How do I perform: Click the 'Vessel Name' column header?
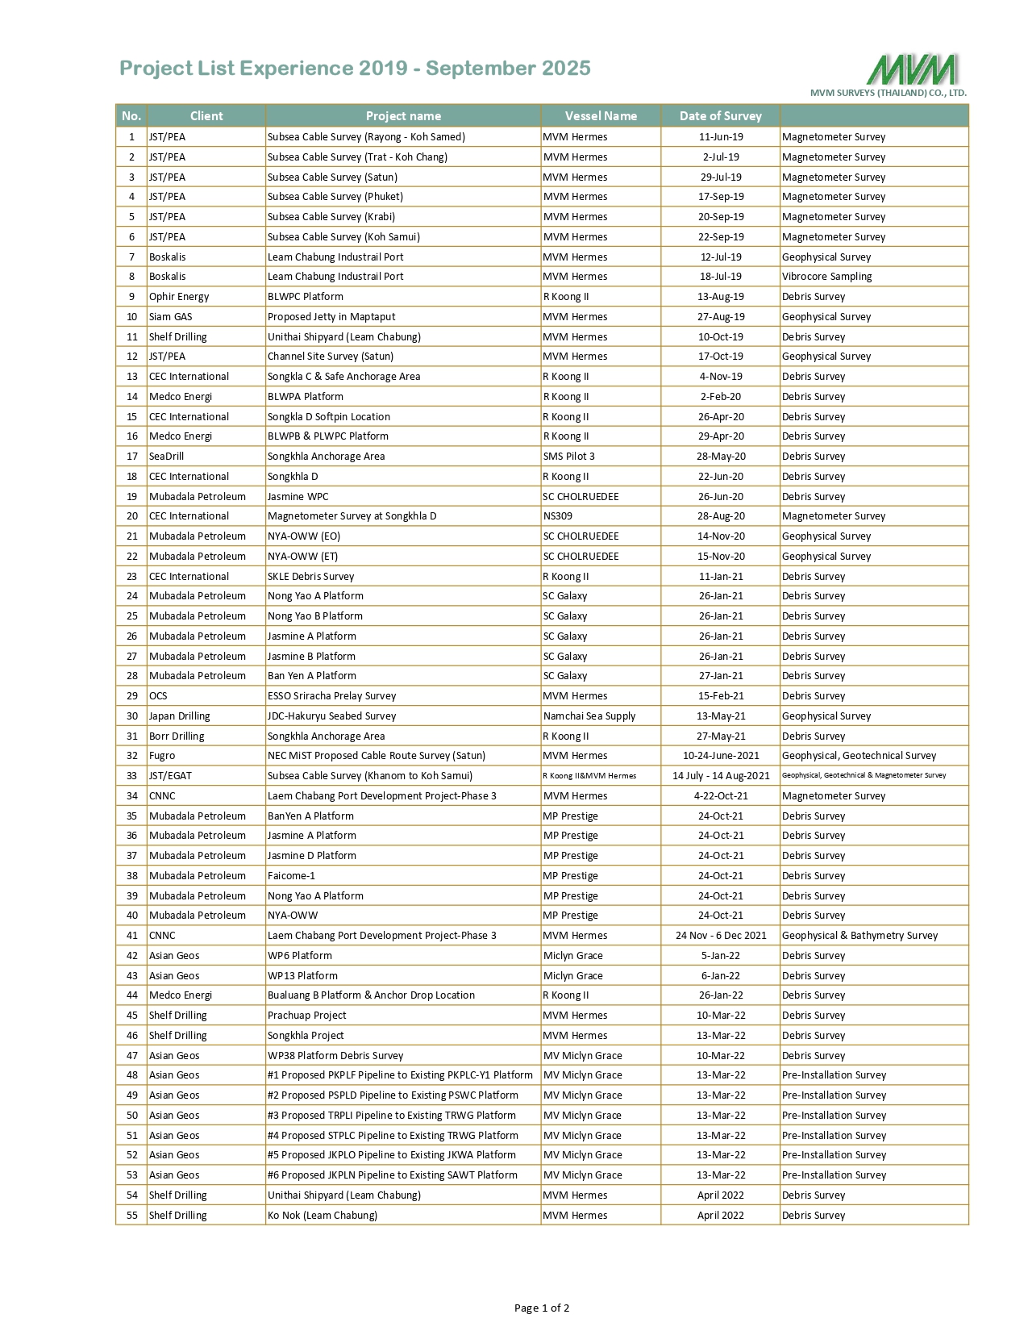point(601,116)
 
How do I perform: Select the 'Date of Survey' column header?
point(720,116)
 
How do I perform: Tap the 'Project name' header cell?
point(403,116)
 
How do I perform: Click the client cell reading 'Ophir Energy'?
point(179,297)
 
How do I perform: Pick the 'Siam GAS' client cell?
point(171,317)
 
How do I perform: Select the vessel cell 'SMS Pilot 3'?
point(569,457)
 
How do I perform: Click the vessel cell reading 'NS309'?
point(558,516)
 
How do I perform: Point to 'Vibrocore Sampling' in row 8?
point(827,277)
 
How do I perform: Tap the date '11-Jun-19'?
point(721,137)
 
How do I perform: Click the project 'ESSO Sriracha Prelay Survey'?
point(332,696)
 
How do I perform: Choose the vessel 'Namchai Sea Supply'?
point(589,716)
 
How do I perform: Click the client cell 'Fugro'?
point(162,756)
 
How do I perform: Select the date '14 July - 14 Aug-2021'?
point(721,776)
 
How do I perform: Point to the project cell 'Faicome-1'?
point(292,876)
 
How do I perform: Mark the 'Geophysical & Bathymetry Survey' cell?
point(860,936)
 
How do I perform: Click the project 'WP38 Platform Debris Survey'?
point(335,1056)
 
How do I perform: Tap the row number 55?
point(132,1216)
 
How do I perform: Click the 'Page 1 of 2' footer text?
point(542,1308)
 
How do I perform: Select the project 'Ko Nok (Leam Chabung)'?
point(323,1216)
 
